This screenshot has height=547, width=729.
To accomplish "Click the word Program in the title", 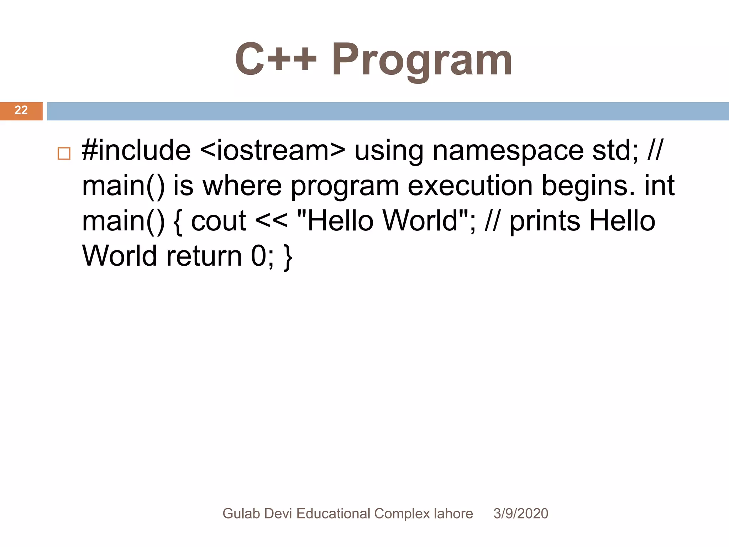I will pyautogui.click(x=422, y=60).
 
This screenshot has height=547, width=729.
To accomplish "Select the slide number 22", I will pyautogui.click(x=21, y=110).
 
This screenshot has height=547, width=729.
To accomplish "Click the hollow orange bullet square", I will pyautogui.click(x=64, y=153).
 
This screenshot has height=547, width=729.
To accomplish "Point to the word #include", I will pyautogui.click(x=136, y=150).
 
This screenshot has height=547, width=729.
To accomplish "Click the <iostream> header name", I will pyautogui.click(x=272, y=150).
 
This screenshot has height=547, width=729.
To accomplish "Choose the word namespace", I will pyautogui.click(x=508, y=151).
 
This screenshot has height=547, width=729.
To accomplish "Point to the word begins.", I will pyautogui.click(x=588, y=187).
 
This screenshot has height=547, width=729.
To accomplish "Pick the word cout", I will pyautogui.click(x=219, y=221).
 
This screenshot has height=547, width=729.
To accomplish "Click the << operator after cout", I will pyautogui.click(x=271, y=221).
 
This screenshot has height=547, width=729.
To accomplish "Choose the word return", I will pyautogui.click(x=204, y=256).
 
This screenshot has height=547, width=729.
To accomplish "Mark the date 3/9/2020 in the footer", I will pyautogui.click(x=520, y=514).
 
